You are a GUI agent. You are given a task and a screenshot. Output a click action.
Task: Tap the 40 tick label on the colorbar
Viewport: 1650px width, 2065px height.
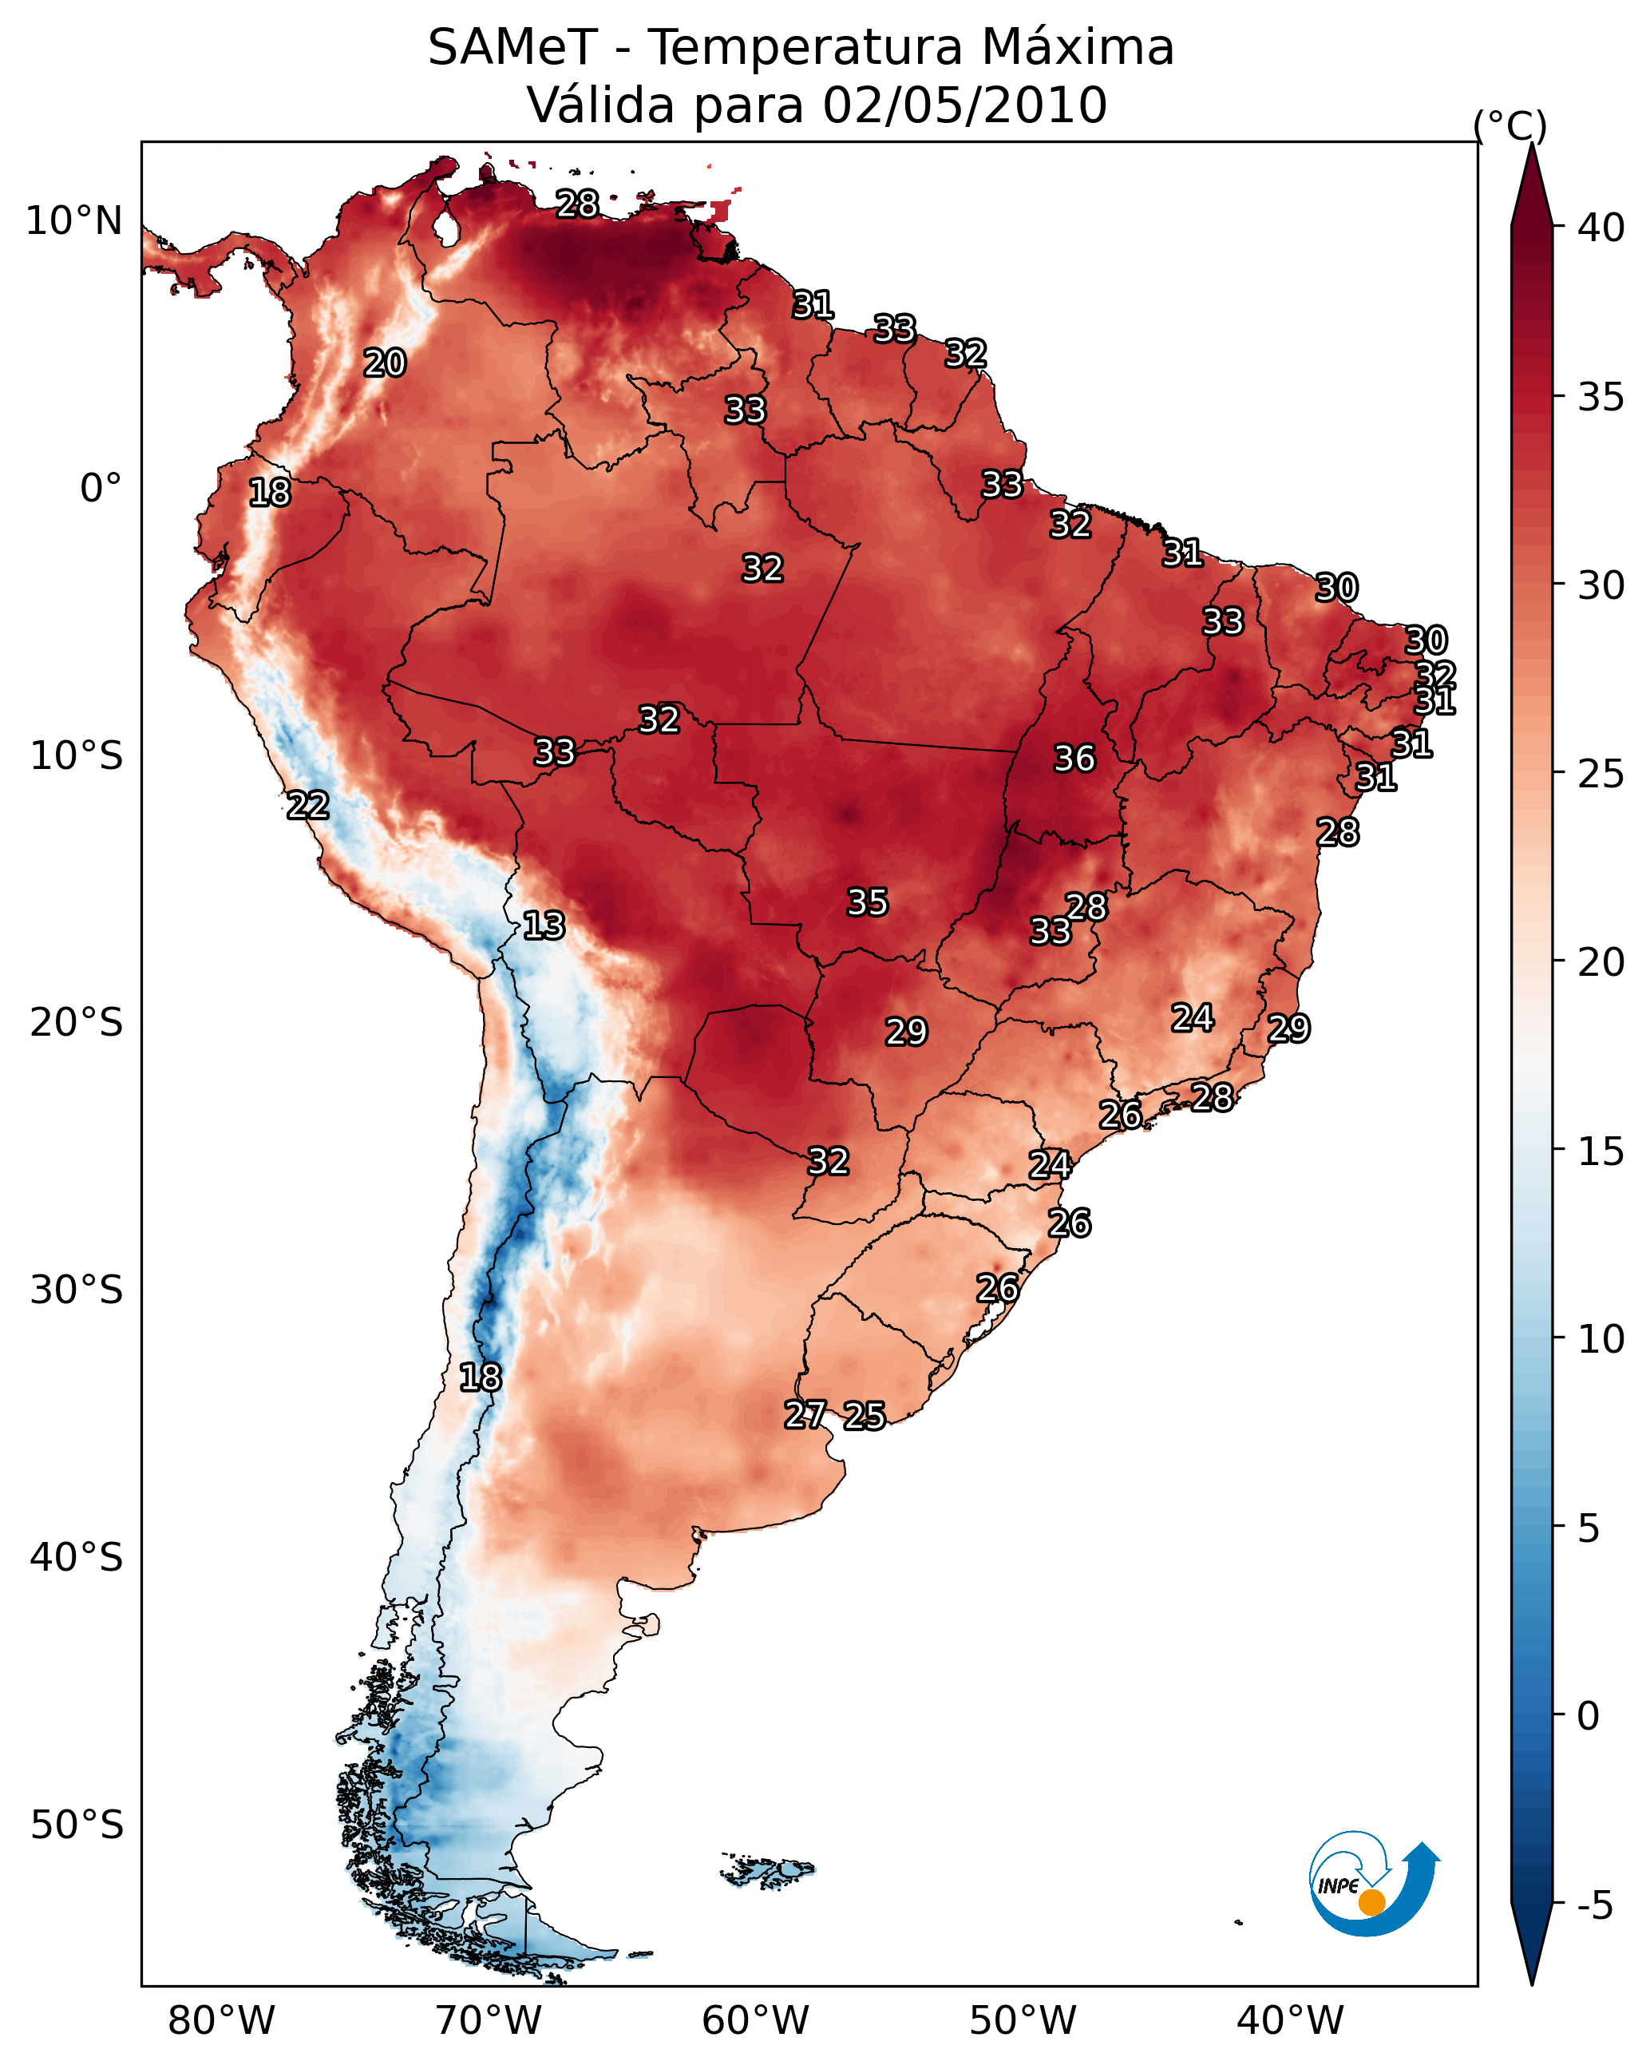[1601, 228]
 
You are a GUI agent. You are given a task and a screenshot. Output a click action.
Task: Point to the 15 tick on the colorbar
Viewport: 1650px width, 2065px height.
[1558, 1151]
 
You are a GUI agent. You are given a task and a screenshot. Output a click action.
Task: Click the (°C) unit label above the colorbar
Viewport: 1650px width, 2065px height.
[1510, 125]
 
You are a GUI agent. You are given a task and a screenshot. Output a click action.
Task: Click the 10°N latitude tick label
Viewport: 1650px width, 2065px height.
[73, 221]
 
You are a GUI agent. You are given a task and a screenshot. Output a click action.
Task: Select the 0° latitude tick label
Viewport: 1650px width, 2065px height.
[101, 489]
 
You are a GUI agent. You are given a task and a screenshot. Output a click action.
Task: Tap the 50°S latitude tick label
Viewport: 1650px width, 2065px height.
[77, 1825]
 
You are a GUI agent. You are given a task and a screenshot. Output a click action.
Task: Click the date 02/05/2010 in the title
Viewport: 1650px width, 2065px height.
[965, 105]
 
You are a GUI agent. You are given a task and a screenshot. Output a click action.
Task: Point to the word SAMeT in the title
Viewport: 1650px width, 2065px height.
[513, 48]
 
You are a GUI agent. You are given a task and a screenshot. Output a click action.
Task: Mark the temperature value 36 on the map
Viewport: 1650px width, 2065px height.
[1074, 759]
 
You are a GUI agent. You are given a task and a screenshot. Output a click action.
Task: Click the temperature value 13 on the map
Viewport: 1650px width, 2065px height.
[544, 925]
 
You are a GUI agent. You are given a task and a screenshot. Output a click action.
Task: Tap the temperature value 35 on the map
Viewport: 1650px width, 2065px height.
[868, 902]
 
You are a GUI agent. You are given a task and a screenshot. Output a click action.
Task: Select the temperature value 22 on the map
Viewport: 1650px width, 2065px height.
[308, 806]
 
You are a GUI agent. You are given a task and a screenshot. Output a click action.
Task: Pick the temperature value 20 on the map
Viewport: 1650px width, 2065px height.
[385, 363]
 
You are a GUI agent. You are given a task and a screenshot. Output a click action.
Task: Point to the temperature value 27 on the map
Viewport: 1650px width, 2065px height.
[805, 1415]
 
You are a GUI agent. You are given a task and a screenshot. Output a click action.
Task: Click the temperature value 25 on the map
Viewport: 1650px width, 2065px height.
[865, 1416]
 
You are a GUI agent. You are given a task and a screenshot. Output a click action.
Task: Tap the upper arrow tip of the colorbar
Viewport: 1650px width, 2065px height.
[1531, 144]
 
